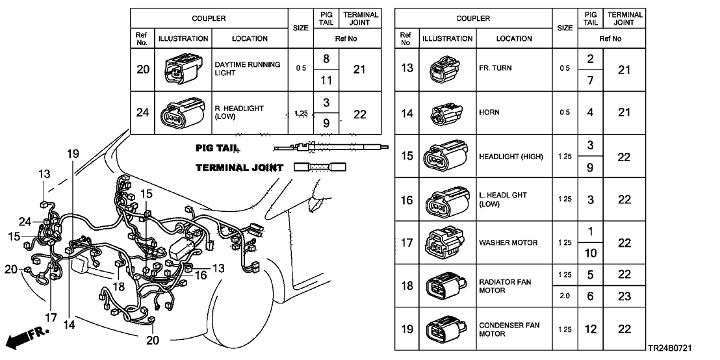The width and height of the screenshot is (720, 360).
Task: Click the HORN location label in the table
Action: point(489,112)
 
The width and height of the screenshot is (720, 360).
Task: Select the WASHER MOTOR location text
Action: point(508,242)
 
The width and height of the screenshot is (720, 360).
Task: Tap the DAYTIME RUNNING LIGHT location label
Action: point(248,69)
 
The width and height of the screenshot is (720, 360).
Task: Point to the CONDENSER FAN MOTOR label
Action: point(509,329)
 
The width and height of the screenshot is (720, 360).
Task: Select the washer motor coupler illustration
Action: point(445,242)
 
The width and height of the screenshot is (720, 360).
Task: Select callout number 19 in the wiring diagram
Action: point(72,154)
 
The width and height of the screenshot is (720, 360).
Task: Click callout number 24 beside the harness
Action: point(25,222)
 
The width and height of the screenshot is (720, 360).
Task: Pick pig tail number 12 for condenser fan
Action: point(590,329)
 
